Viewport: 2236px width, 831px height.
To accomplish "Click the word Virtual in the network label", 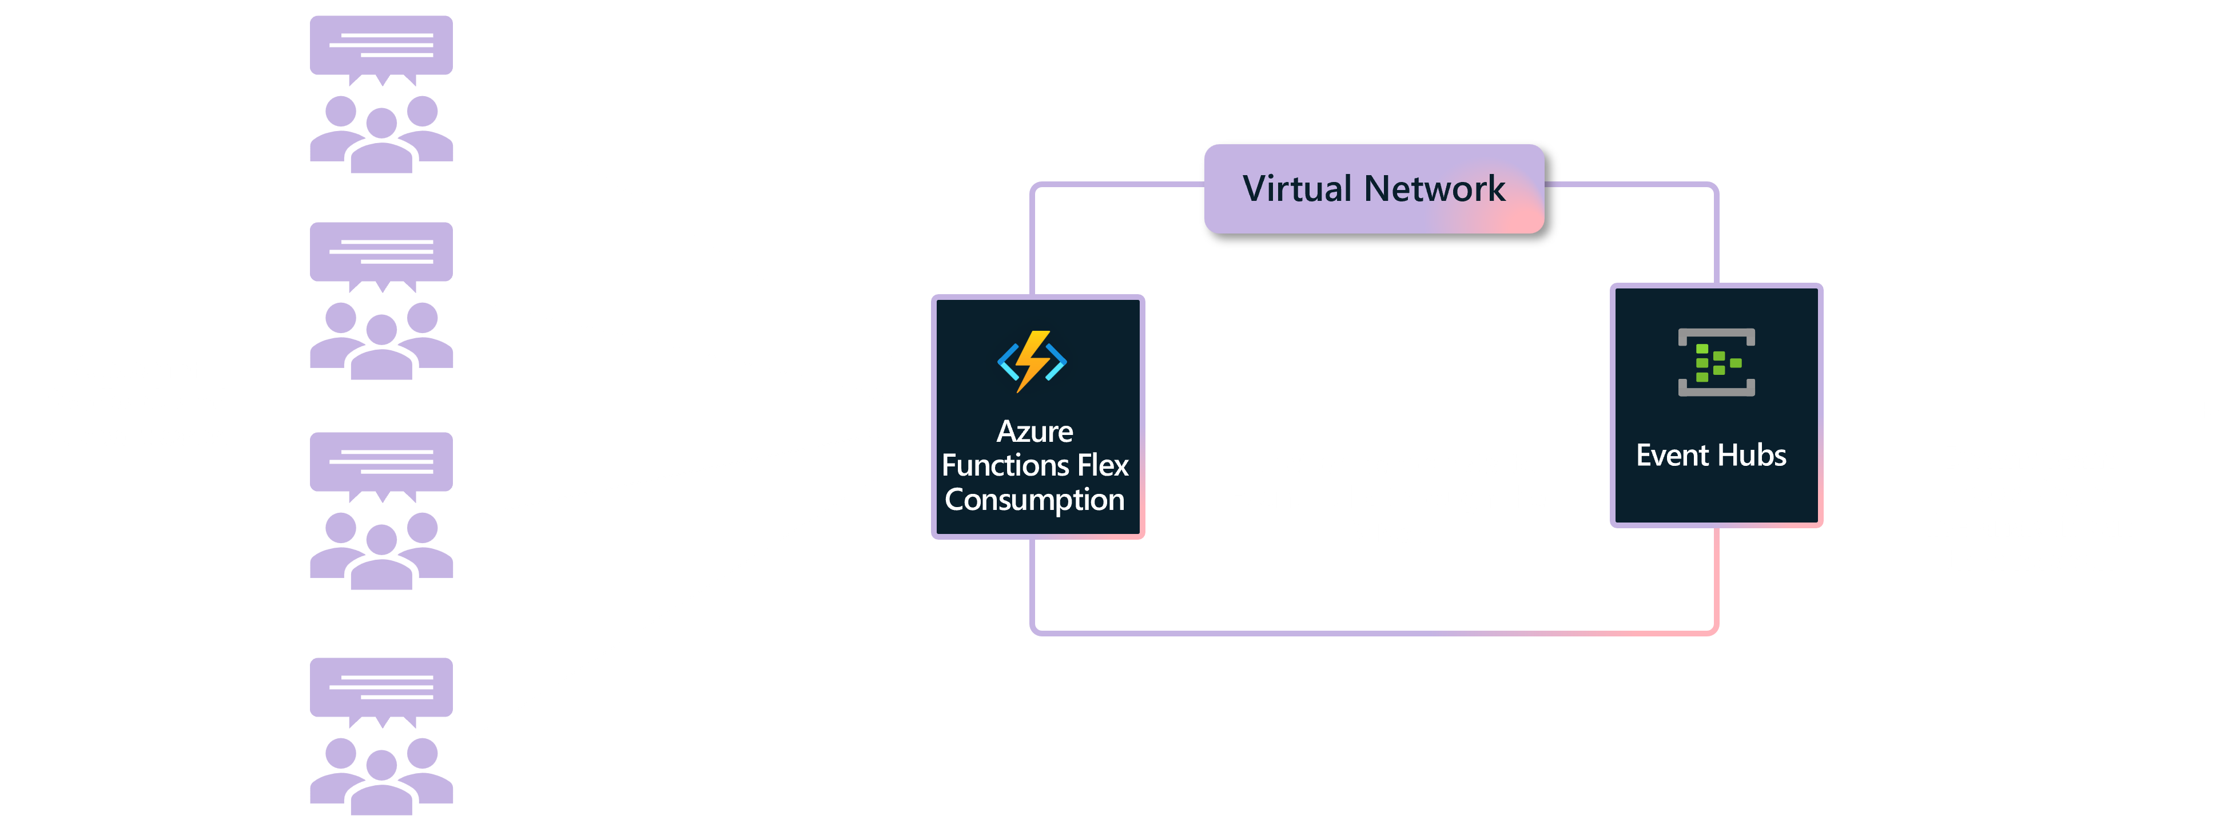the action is (x=1297, y=188).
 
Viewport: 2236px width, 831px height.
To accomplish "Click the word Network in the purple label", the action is (x=1434, y=188).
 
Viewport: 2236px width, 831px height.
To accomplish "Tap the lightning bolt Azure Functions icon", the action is (x=1032, y=361).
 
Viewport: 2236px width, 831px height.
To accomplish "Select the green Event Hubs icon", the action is (x=1716, y=362).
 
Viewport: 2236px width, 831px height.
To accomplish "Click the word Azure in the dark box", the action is (x=1035, y=432).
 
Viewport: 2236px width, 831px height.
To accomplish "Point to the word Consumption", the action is (x=1035, y=500).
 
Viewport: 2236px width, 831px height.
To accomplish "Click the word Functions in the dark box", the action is (x=1005, y=465).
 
